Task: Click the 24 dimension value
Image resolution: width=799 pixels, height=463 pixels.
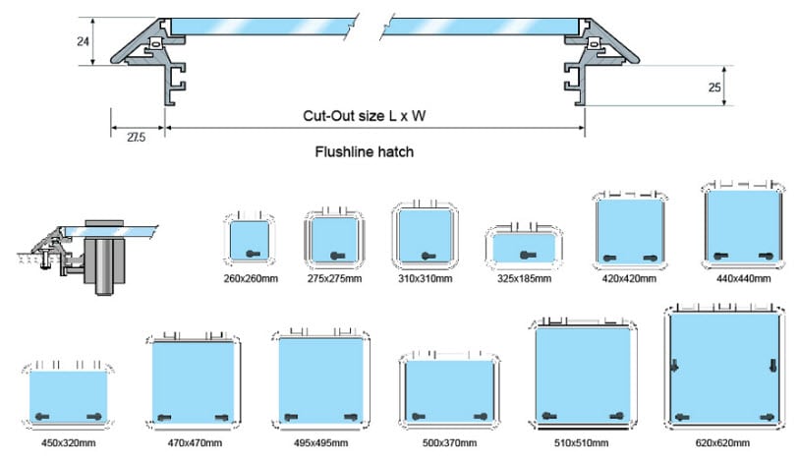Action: click(x=84, y=41)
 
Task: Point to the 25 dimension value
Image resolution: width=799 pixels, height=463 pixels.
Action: click(x=714, y=87)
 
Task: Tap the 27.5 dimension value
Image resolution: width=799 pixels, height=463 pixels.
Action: click(x=136, y=137)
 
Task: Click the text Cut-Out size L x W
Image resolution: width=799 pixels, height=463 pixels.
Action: click(x=365, y=116)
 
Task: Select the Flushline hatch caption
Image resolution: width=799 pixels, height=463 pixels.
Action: click(x=365, y=152)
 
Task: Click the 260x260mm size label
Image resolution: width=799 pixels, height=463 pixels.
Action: click(x=251, y=278)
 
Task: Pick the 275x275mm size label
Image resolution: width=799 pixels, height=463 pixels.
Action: click(x=334, y=278)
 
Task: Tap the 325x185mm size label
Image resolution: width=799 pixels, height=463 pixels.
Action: click(x=525, y=278)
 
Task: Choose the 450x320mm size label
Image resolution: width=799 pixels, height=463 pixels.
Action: click(x=68, y=442)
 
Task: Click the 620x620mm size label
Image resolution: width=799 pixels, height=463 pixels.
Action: click(x=722, y=442)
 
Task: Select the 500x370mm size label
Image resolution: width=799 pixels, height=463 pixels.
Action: click(x=449, y=442)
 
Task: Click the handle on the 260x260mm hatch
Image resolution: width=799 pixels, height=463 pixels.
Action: click(x=253, y=254)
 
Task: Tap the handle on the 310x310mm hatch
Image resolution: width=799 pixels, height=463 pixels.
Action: click(x=428, y=256)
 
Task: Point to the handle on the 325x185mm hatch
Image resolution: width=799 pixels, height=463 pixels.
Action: click(x=528, y=255)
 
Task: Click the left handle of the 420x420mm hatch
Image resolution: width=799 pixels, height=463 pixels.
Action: click(x=609, y=258)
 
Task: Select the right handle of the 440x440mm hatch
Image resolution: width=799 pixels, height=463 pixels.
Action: click(x=767, y=256)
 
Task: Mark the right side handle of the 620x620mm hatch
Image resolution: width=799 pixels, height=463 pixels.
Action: click(x=773, y=365)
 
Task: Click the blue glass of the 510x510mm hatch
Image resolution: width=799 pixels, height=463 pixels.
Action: click(x=583, y=374)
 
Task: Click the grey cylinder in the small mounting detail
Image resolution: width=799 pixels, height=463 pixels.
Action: click(x=103, y=266)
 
